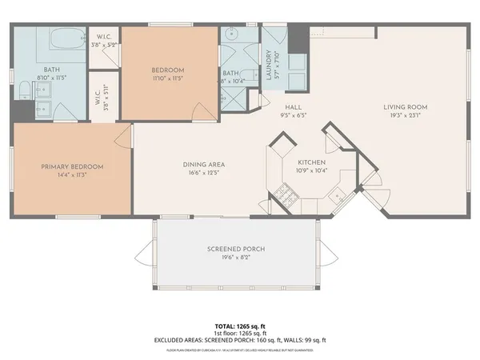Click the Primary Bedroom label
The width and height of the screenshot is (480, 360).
[73, 166]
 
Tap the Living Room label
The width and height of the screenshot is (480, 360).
[406, 107]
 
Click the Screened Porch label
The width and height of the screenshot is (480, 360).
[236, 249]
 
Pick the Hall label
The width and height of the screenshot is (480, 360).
[292, 106]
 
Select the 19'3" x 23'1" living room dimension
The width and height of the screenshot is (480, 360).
[406, 115]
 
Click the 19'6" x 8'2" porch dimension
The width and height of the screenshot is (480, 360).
[236, 258]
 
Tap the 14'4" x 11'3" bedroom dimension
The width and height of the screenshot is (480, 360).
[73, 174]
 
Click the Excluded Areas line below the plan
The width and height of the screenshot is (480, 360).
[240, 340]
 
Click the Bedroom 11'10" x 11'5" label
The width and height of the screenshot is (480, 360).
[168, 74]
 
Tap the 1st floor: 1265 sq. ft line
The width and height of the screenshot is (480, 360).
[240, 334]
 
